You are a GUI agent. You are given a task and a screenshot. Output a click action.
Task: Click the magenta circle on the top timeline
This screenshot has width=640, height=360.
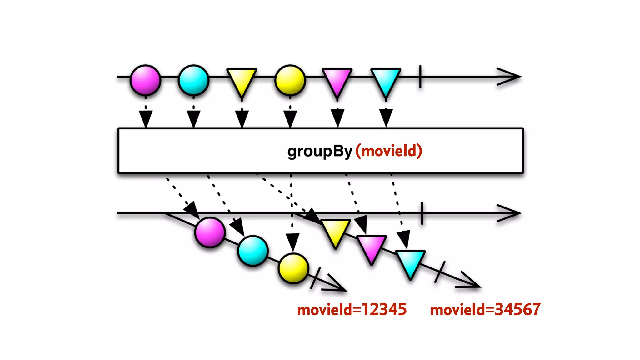(x=145, y=80)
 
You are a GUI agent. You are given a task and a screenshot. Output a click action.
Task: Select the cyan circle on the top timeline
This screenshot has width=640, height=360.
(x=193, y=80)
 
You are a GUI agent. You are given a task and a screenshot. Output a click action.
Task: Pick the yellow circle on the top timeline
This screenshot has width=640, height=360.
(x=290, y=80)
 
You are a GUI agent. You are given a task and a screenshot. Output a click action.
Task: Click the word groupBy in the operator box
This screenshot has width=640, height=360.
(x=320, y=151)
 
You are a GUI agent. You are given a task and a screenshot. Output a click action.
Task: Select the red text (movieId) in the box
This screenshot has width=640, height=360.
(x=389, y=151)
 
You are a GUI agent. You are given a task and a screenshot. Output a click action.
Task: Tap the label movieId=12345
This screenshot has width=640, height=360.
(x=352, y=310)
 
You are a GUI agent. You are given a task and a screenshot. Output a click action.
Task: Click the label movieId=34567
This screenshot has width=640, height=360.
(x=485, y=310)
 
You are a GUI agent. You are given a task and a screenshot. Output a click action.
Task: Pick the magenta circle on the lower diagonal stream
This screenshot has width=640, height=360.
(x=210, y=232)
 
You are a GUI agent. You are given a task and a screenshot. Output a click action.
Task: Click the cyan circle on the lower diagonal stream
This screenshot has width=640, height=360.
(x=252, y=251)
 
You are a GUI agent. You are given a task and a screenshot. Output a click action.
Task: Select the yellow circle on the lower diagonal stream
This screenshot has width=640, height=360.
(x=293, y=268)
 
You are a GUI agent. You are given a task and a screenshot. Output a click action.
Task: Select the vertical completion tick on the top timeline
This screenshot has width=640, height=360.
(x=420, y=77)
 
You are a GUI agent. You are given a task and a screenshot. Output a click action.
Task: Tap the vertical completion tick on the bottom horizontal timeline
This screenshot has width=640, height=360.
(x=422, y=213)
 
